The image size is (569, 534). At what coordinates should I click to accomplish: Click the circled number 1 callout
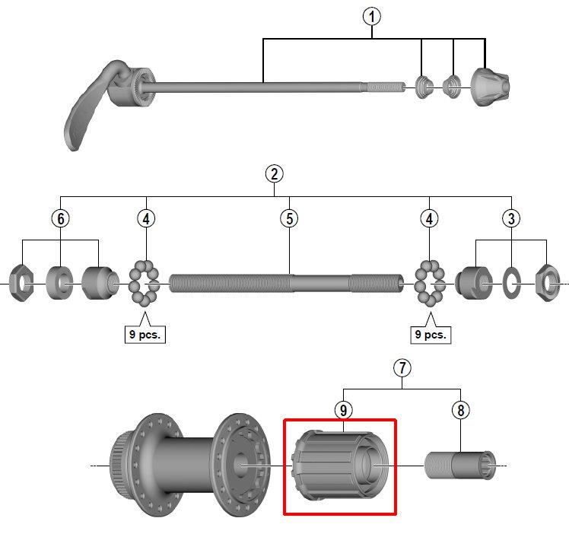tap(371, 17)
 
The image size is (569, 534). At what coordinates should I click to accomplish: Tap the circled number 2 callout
tap(274, 173)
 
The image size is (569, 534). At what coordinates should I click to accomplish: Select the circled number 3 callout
tap(511, 218)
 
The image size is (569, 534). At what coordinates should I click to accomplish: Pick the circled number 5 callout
tap(289, 218)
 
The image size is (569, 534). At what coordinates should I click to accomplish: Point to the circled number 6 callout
tap(61, 218)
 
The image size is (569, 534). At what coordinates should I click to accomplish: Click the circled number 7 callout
tap(402, 368)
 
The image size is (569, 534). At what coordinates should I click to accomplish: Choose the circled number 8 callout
tap(460, 410)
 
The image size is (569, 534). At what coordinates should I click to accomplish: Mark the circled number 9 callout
tap(343, 410)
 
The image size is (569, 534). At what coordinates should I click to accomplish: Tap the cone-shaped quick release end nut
tap(490, 87)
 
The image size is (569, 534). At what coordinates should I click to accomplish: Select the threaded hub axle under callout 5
tap(286, 283)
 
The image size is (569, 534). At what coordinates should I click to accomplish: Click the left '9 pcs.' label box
tap(145, 334)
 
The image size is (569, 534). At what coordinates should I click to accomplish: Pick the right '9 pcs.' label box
tap(431, 334)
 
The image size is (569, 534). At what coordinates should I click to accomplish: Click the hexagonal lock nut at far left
tap(21, 283)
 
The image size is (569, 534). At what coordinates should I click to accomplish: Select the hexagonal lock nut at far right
tap(548, 283)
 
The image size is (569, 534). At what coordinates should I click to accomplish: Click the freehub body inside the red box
tap(340, 466)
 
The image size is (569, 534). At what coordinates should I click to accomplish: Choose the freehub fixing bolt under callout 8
tap(459, 466)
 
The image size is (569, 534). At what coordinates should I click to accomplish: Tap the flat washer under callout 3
tap(511, 283)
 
